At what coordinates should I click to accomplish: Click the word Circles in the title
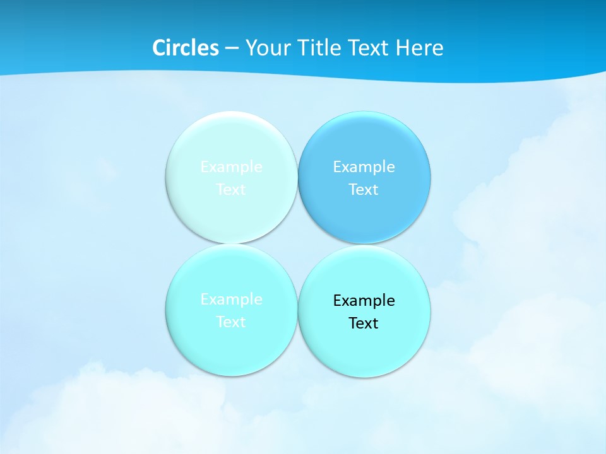[186, 48]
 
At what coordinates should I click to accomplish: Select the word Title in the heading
[319, 48]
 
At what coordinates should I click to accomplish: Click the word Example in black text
[364, 301]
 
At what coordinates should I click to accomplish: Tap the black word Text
[364, 323]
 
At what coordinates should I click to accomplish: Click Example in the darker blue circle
[364, 167]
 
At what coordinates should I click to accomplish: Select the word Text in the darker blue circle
[364, 190]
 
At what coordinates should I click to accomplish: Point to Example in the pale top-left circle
[231, 167]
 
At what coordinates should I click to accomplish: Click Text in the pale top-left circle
[231, 190]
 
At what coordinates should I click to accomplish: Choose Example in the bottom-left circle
[231, 300]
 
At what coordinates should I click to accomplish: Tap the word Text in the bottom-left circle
[231, 322]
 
